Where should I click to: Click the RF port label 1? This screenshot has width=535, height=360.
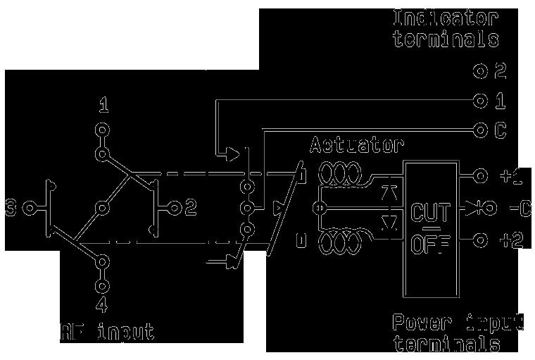pos(103,107)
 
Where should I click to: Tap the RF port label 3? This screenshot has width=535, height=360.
pos(11,208)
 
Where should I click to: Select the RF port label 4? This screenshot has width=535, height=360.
pos(103,306)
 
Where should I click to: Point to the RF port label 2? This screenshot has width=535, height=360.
pos(190,208)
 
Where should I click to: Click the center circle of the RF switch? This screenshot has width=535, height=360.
pos(103,208)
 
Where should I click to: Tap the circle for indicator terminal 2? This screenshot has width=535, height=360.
pos(481,70)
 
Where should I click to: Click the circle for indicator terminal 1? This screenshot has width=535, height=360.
pos(481,101)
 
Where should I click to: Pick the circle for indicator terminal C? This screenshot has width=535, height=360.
pos(481,130)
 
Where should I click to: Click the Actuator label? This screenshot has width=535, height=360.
pos(357,146)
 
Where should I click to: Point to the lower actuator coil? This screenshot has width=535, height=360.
pos(340,243)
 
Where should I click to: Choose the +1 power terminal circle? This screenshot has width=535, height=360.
pos(481,175)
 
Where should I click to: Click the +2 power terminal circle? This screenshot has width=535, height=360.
pos(481,241)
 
